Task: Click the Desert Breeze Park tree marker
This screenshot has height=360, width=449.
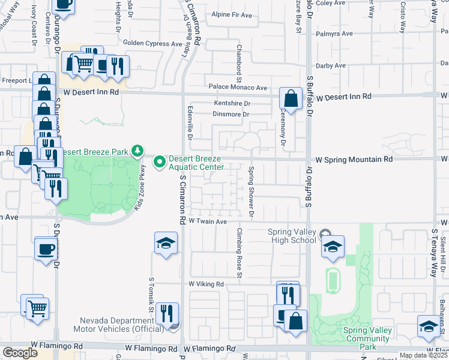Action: pos(138,151)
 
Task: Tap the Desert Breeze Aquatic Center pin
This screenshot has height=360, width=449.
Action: pos(160,162)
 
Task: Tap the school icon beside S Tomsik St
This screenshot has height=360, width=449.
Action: pos(166,243)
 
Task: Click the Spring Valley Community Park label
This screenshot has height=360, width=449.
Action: pos(367,338)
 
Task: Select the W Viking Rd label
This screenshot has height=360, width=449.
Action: pos(206,284)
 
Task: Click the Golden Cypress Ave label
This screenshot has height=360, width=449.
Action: pos(152,43)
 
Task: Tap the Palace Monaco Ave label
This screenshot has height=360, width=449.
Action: pos(238,88)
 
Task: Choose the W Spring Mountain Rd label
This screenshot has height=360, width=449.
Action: pos(354,160)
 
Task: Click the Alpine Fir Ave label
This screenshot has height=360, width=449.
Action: pos(232,15)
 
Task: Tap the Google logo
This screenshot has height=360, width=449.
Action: pos(20,353)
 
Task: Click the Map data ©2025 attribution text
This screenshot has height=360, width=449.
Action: pos(423,355)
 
